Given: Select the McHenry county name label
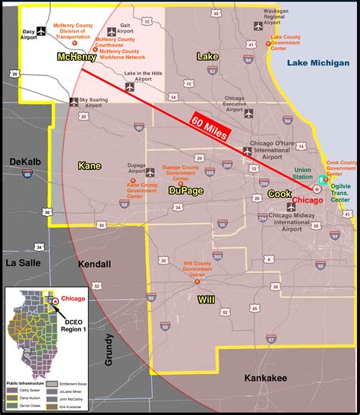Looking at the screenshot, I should tap(77, 57).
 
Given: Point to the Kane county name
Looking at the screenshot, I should tap(90, 165).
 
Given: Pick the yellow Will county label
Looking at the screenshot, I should tap(207, 300).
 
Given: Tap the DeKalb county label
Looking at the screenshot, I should tap(26, 161).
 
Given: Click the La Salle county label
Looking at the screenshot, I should tap(22, 262).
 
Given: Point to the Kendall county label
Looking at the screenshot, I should tap(94, 264).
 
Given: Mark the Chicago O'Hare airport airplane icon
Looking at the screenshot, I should tap(248, 151).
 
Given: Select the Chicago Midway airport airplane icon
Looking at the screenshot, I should tap(290, 206).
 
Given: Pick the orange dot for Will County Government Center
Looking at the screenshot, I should tap(197, 281).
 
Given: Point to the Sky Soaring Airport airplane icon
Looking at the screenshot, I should tap(74, 101).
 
